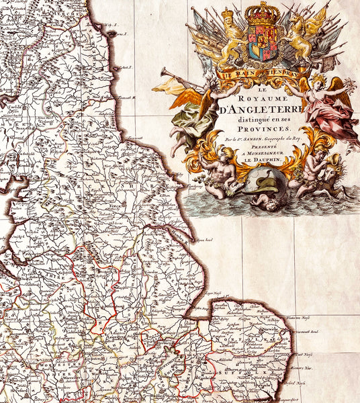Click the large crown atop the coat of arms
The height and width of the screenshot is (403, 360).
(263, 13)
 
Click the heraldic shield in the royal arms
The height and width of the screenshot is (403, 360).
(262, 44)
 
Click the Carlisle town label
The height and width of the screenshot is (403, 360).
(11, 105)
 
